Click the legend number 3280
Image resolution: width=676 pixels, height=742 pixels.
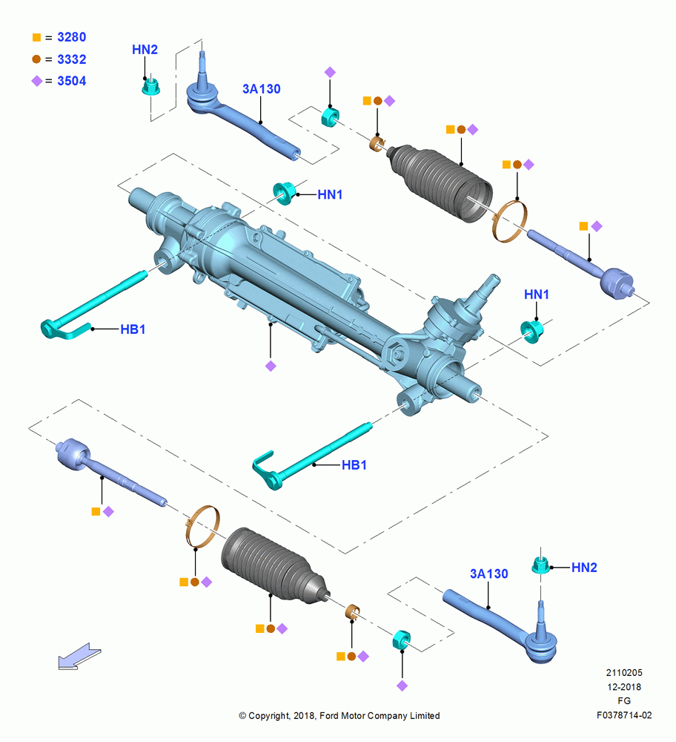[71, 37]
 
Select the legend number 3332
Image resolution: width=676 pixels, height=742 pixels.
[71, 59]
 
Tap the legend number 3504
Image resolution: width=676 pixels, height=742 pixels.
[71, 81]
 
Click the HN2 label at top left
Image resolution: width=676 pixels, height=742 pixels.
[145, 50]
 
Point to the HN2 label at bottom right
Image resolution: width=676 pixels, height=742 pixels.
[584, 568]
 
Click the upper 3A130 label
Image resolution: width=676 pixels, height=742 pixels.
[262, 89]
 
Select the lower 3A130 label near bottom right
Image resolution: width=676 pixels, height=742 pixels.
[488, 574]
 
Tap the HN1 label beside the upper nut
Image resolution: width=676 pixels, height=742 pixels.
[330, 194]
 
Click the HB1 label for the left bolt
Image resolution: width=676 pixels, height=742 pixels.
[133, 329]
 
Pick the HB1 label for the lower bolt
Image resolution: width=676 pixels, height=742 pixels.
[354, 465]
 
